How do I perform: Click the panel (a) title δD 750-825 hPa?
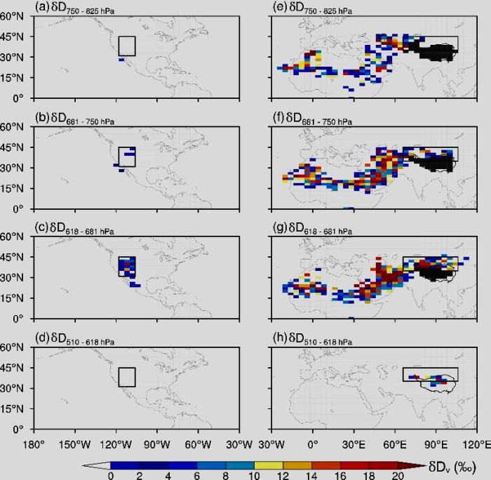[82, 9]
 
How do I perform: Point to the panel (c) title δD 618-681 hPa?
[83, 230]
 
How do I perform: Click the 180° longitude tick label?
[34, 444]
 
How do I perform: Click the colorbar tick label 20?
[398, 476]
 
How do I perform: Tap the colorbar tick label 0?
[111, 476]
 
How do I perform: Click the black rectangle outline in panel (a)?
[119, 37]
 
